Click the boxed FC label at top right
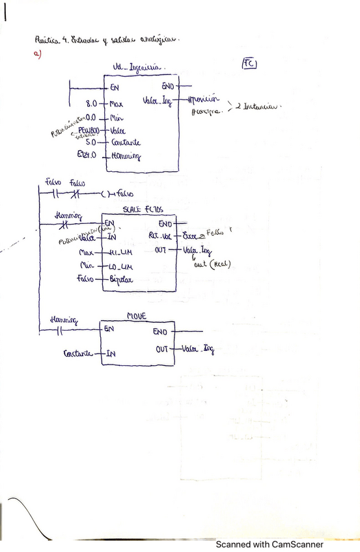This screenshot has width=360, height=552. point(250,63)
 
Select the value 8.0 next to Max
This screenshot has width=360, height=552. point(91,103)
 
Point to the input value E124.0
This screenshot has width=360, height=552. point(87,155)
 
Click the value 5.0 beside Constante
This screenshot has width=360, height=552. point(91,141)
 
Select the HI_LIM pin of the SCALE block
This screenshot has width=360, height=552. point(122,252)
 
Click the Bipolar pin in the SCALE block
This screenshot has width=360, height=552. point(122,279)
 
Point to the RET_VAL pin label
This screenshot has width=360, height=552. point(159,236)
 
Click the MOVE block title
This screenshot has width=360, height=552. point(137,316)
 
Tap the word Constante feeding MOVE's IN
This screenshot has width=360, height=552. point(79,354)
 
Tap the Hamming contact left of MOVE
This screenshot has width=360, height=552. point(59,331)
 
